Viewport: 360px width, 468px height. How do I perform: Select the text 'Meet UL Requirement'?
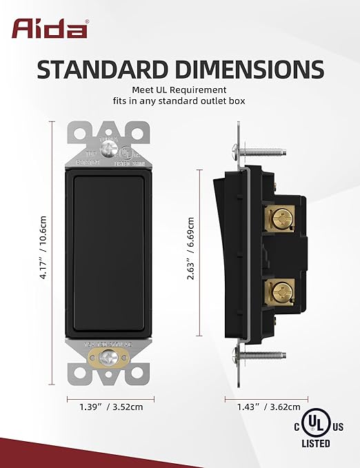(x=179, y=90)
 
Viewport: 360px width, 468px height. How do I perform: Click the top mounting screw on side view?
(x=262, y=147)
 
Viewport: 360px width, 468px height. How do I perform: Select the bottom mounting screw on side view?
(x=262, y=356)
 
